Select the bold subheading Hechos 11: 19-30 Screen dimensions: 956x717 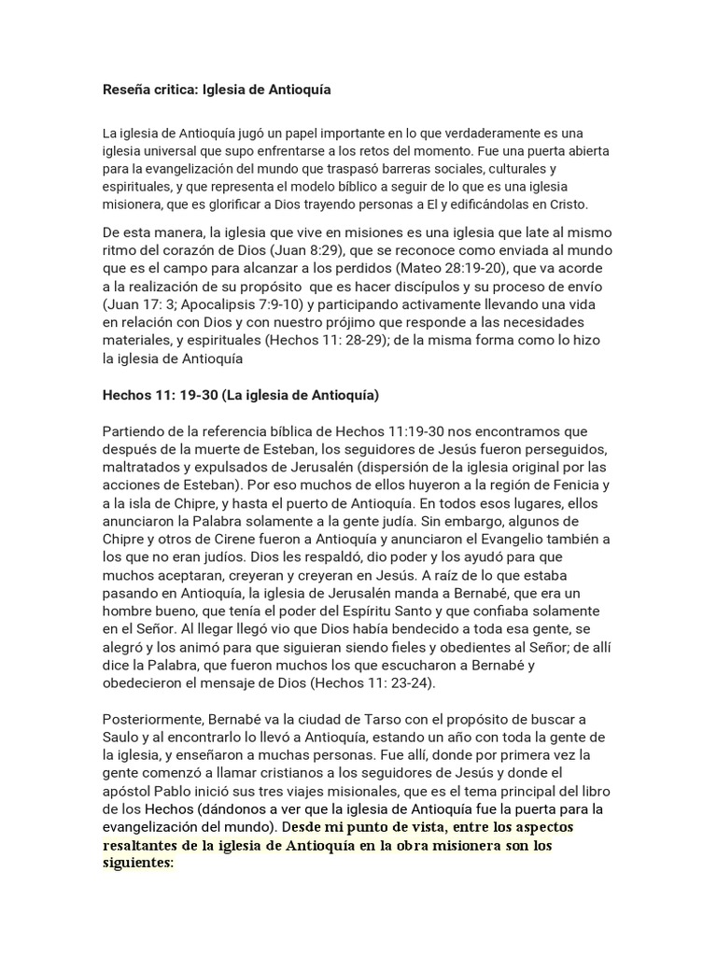click(x=159, y=395)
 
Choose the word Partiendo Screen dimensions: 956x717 click(x=132, y=431)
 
